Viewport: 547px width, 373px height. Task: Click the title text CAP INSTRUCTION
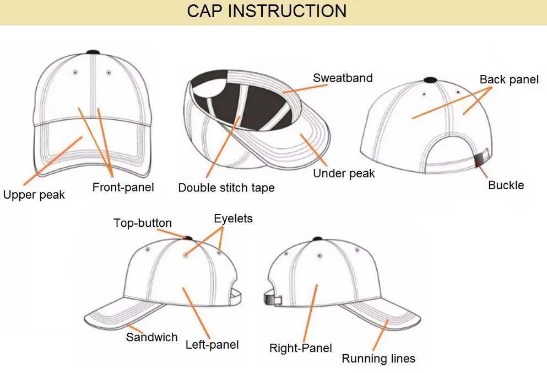(x=267, y=11)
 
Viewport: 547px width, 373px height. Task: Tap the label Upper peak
(x=34, y=195)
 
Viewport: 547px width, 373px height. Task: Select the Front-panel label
(x=123, y=187)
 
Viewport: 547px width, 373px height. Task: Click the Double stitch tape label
(x=226, y=188)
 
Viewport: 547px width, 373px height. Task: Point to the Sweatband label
(x=343, y=78)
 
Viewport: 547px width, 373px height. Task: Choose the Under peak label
(x=344, y=173)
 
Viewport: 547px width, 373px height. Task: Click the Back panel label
(x=509, y=79)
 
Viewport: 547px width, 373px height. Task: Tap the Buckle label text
(x=506, y=185)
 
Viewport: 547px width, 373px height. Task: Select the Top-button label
(x=143, y=223)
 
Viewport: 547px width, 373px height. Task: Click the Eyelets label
(x=233, y=219)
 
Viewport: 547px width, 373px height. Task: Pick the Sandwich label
(x=151, y=337)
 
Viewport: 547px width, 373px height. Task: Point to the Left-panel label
(x=212, y=345)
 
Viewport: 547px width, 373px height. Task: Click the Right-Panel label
(x=300, y=348)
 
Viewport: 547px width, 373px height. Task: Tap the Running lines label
(x=378, y=359)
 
